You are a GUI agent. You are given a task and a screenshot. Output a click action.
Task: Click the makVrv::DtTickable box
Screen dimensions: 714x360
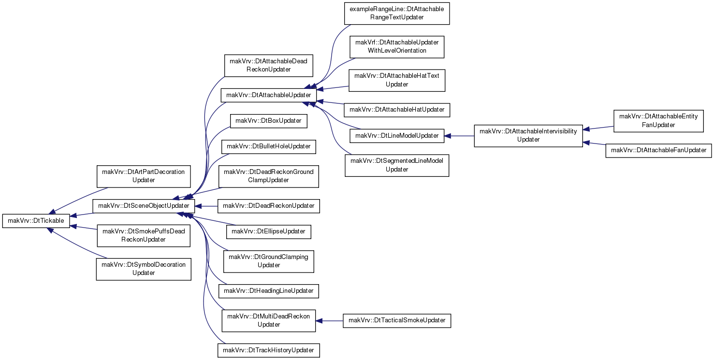(x=36, y=221)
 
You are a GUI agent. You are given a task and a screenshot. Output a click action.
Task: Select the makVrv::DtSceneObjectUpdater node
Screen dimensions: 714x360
(x=144, y=206)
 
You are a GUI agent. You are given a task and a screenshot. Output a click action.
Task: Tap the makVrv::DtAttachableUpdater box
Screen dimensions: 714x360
(x=268, y=95)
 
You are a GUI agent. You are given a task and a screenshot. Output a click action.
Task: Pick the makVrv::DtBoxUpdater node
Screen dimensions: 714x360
(x=268, y=121)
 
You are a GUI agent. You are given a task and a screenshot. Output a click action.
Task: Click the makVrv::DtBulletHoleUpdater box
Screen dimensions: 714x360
(x=268, y=146)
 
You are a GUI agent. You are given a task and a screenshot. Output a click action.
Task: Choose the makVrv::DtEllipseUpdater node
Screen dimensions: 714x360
(x=268, y=231)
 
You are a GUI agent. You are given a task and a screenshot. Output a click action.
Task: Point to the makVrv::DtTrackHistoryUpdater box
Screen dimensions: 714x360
(x=268, y=350)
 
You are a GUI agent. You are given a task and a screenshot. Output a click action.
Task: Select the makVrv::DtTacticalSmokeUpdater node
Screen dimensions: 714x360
(x=397, y=320)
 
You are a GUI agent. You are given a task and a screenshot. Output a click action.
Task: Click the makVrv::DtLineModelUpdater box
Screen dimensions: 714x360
(x=397, y=136)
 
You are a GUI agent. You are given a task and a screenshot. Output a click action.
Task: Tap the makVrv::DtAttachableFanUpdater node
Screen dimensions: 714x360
(x=658, y=150)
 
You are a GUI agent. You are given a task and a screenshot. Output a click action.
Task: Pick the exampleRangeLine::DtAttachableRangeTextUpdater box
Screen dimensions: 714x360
(x=397, y=14)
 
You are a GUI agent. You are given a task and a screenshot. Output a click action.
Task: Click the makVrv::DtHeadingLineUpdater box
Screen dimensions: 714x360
(x=268, y=291)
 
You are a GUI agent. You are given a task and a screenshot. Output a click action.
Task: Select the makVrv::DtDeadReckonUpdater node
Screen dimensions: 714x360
(x=268, y=206)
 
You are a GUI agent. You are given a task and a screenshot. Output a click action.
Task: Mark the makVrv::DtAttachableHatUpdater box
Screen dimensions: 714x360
(x=397, y=110)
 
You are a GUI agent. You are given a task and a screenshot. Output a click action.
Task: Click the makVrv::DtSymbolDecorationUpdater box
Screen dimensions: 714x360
(x=144, y=269)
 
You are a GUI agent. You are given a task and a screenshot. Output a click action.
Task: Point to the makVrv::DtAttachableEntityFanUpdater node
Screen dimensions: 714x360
(x=658, y=121)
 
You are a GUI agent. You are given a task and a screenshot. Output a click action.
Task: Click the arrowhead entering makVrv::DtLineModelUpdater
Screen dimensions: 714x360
(x=448, y=136)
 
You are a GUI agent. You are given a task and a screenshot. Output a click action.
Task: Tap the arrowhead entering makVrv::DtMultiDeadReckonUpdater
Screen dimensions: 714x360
(x=319, y=321)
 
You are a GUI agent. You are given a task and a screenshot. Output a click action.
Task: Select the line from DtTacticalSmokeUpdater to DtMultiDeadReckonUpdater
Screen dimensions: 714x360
(x=333, y=321)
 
